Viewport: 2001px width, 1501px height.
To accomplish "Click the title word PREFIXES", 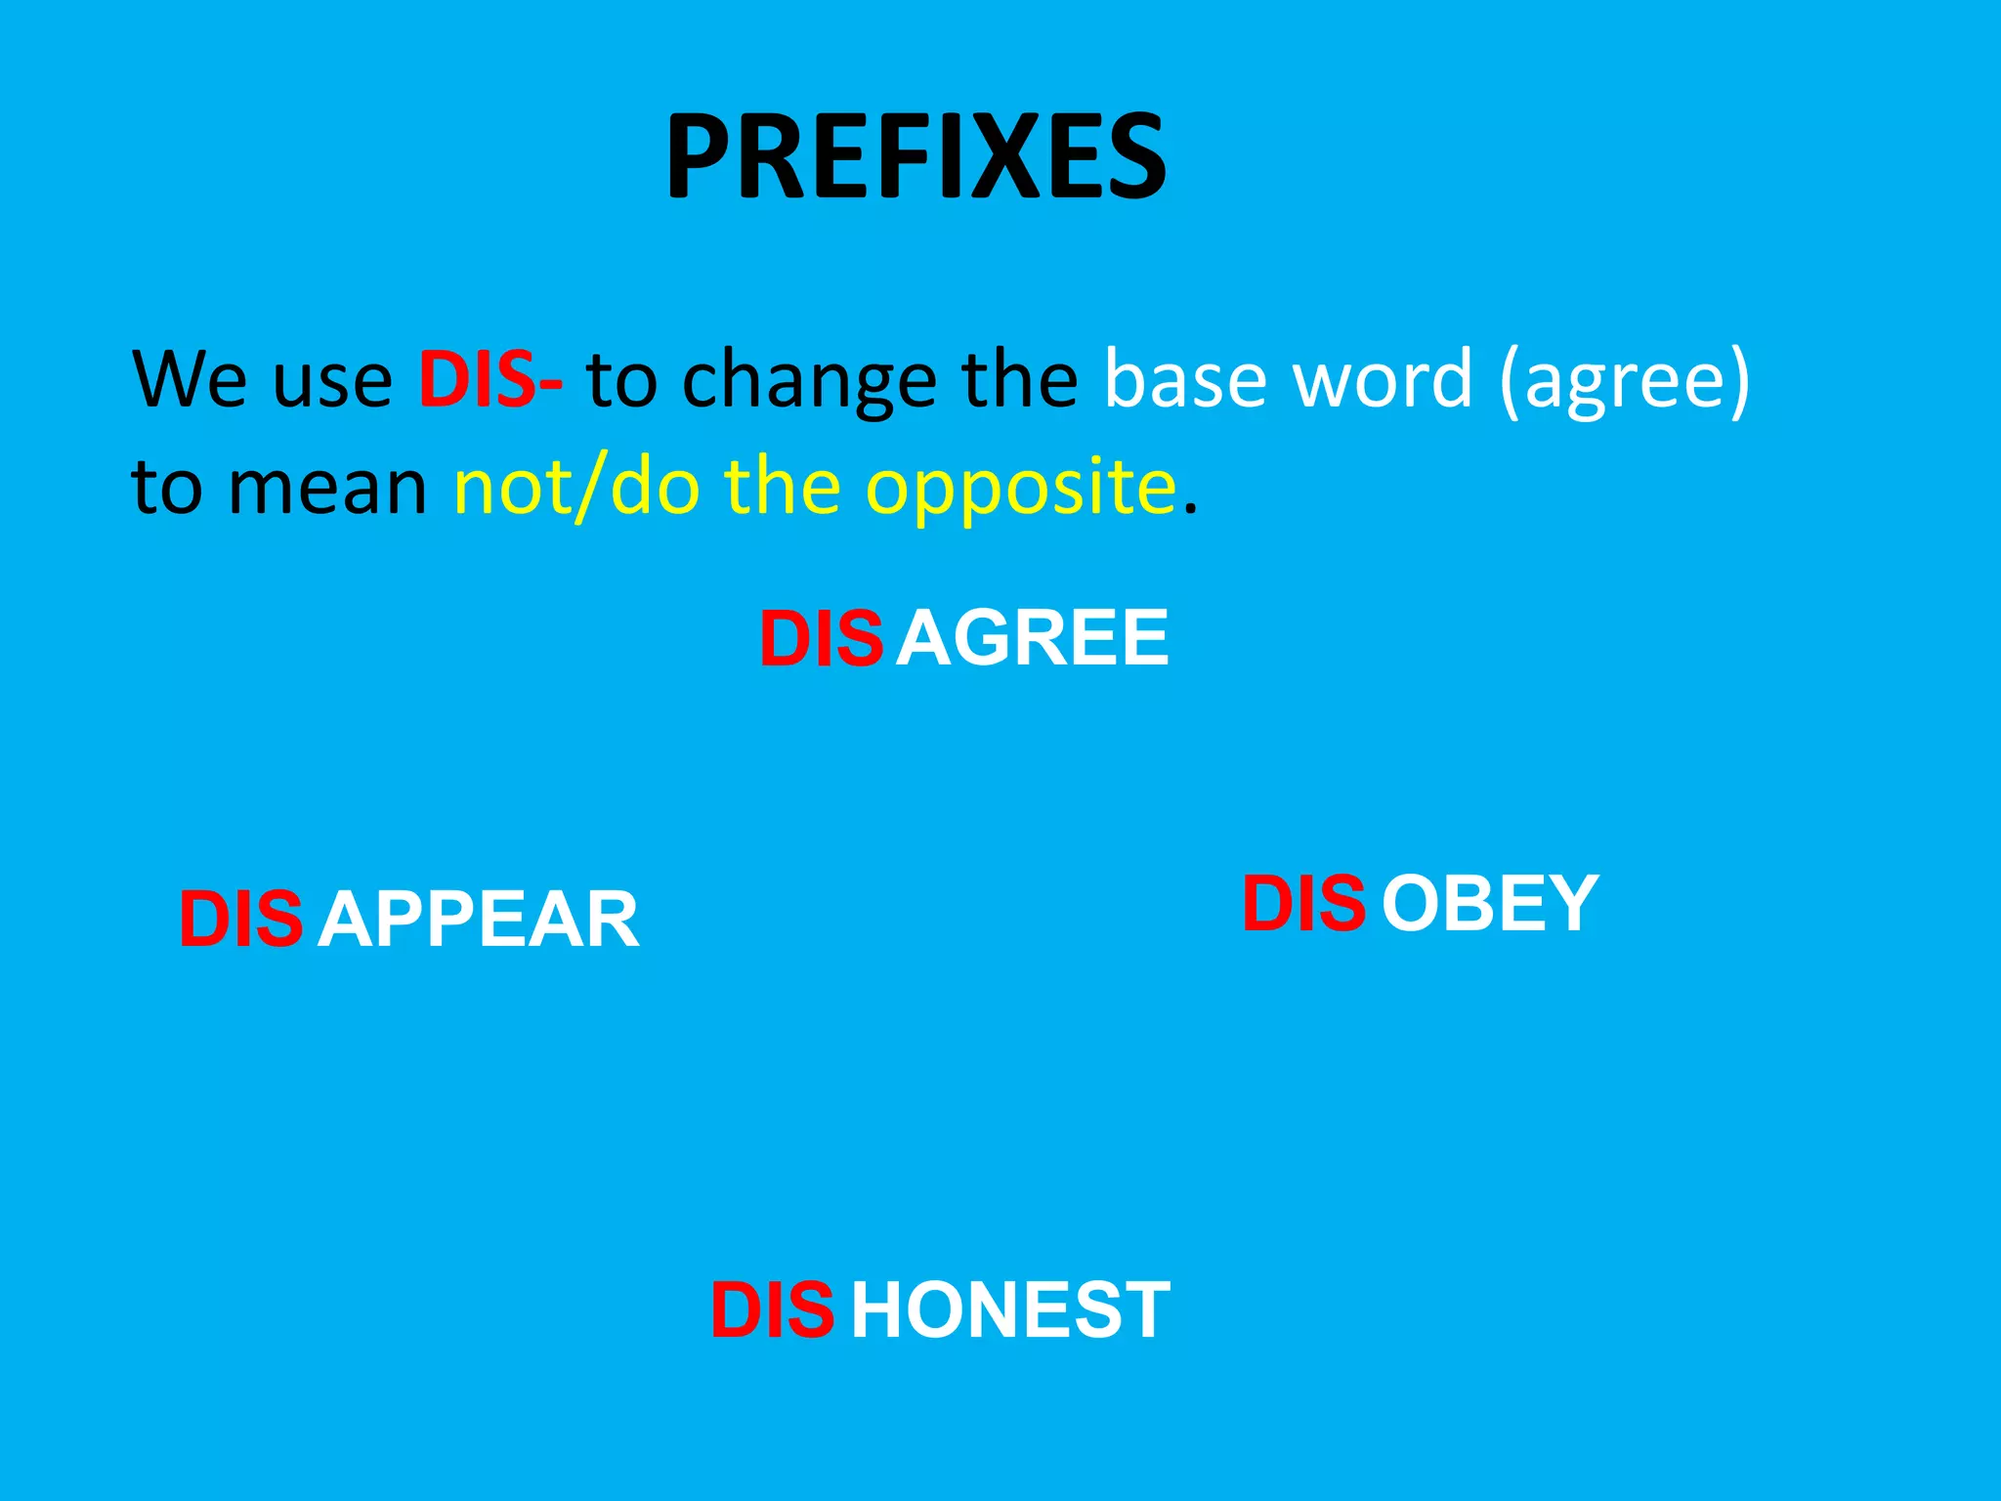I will pyautogui.click(x=915, y=156).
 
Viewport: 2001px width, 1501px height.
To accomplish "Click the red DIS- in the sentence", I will pyautogui.click(x=490, y=379).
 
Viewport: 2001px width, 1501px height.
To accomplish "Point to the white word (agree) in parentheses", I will pyautogui.click(x=1624, y=381).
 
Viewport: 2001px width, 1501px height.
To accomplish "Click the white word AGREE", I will pyautogui.click(x=1033, y=638).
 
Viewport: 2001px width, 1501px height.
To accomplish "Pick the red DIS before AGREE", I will pyautogui.click(x=821, y=638).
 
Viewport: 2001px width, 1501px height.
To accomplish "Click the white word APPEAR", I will pyautogui.click(x=478, y=920).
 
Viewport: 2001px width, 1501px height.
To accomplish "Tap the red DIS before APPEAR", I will pyautogui.click(x=240, y=920).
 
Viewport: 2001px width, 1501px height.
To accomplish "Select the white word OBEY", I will pyautogui.click(x=1490, y=903).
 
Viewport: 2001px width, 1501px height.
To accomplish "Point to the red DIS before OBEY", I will pyautogui.click(x=1303, y=903).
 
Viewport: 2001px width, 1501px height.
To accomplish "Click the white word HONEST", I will pyautogui.click(x=1010, y=1310).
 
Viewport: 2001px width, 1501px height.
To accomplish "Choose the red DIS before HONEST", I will pyautogui.click(x=772, y=1310).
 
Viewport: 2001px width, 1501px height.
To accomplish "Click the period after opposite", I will pyautogui.click(x=1189, y=508).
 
